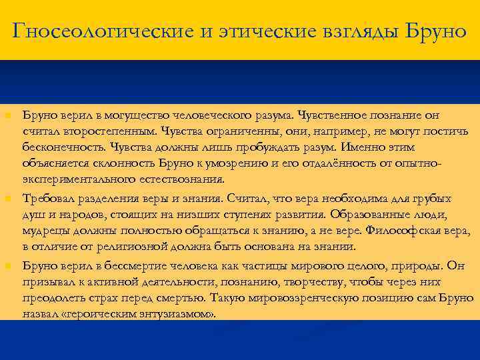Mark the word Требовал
coord(48,199)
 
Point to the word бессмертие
coord(123,265)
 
